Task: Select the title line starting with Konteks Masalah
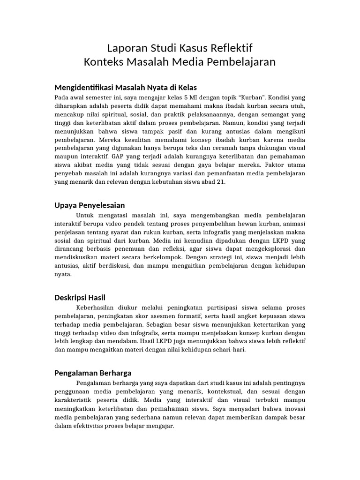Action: coord(180,62)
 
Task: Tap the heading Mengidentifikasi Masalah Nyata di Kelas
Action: coord(126,88)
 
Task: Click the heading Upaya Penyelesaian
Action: coord(90,205)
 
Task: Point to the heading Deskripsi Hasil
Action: coord(80,298)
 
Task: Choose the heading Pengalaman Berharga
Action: coord(93,373)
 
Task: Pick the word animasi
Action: coord(293,224)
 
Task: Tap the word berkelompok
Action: coord(160,258)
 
